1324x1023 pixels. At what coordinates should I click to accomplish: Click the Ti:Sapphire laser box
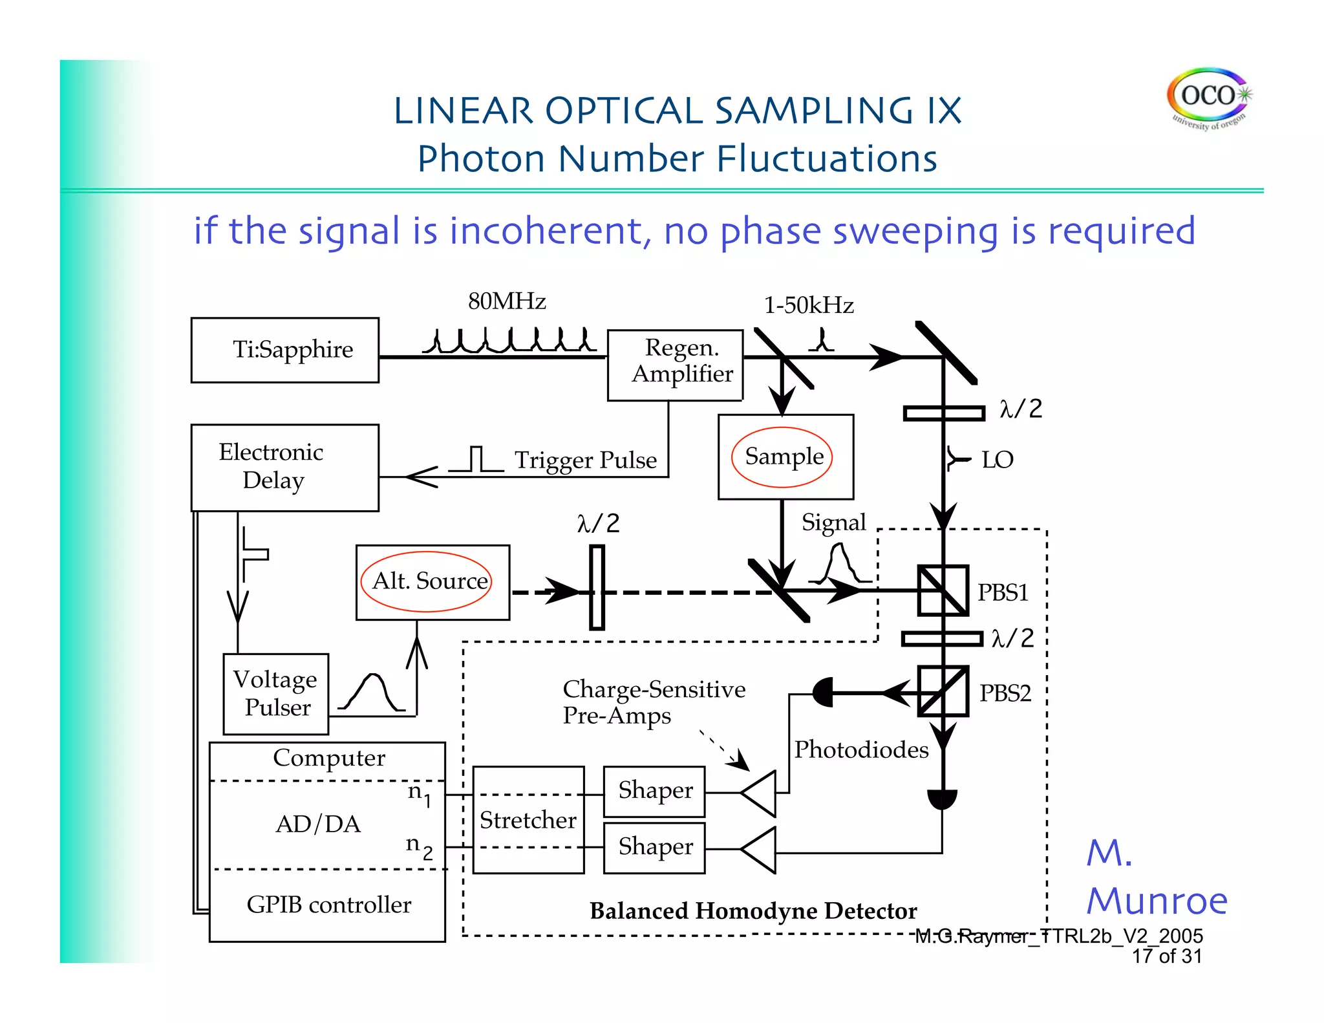coord(285,350)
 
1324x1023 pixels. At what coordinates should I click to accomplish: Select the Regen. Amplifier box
coord(675,365)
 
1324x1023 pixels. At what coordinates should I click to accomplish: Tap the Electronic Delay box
coord(285,467)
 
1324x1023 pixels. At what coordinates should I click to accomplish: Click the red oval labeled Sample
coord(782,457)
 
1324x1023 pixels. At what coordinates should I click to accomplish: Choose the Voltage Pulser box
coord(276,694)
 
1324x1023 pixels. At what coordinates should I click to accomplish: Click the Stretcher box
coord(528,820)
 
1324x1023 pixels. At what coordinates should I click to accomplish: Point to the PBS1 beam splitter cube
coord(943,590)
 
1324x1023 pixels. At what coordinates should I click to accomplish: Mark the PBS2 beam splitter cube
coord(943,691)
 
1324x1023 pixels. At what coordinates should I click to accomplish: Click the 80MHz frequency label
coord(507,301)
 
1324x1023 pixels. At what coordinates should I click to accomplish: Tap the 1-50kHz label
coord(809,305)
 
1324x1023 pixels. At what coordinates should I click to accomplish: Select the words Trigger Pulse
coord(585,460)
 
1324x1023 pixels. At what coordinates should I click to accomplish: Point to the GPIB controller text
coord(328,905)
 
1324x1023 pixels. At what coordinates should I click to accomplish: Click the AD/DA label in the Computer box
coord(318,824)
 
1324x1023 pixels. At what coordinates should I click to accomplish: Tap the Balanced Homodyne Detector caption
coord(753,911)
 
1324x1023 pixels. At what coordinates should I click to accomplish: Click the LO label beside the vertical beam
coord(997,460)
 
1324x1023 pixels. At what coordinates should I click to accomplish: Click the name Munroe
coord(1157,901)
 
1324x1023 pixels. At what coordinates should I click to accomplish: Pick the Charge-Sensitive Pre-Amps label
coord(653,702)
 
